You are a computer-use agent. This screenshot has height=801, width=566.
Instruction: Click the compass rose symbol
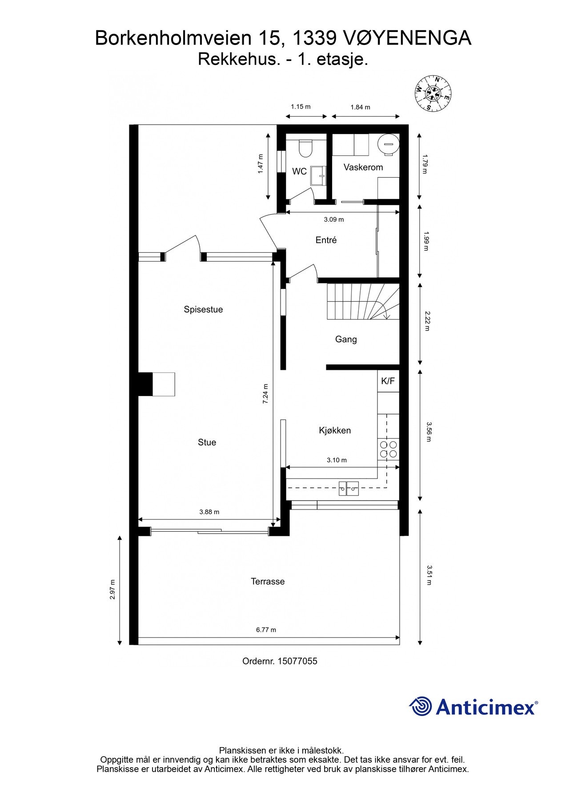point(433,93)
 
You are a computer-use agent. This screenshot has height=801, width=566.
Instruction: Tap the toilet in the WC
point(305,148)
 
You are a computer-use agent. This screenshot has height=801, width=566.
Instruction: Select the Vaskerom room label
point(363,167)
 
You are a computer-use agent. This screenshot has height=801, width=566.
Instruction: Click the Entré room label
point(326,240)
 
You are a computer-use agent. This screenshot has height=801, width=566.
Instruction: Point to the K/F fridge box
point(388,381)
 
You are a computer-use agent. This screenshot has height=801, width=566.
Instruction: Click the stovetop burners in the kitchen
point(388,449)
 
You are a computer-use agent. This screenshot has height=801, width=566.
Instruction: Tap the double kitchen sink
point(348,488)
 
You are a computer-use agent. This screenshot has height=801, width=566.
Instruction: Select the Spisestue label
point(203,310)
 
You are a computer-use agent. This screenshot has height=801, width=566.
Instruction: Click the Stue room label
point(207,442)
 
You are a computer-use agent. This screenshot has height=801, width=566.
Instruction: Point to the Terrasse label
point(268,582)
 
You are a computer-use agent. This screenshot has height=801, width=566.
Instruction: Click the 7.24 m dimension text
point(265,393)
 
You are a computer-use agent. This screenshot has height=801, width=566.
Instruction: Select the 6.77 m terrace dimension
point(266,630)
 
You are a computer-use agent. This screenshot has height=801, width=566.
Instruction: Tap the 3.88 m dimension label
point(209,512)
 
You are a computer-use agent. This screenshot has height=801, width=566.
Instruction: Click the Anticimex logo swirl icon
point(420,707)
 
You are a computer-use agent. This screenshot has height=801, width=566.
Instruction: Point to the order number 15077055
point(297,661)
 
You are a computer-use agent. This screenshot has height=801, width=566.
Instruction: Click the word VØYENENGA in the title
point(408,38)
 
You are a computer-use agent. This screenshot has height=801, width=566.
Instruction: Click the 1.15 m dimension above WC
point(301,107)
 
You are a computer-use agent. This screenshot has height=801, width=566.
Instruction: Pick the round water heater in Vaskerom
point(388,144)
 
